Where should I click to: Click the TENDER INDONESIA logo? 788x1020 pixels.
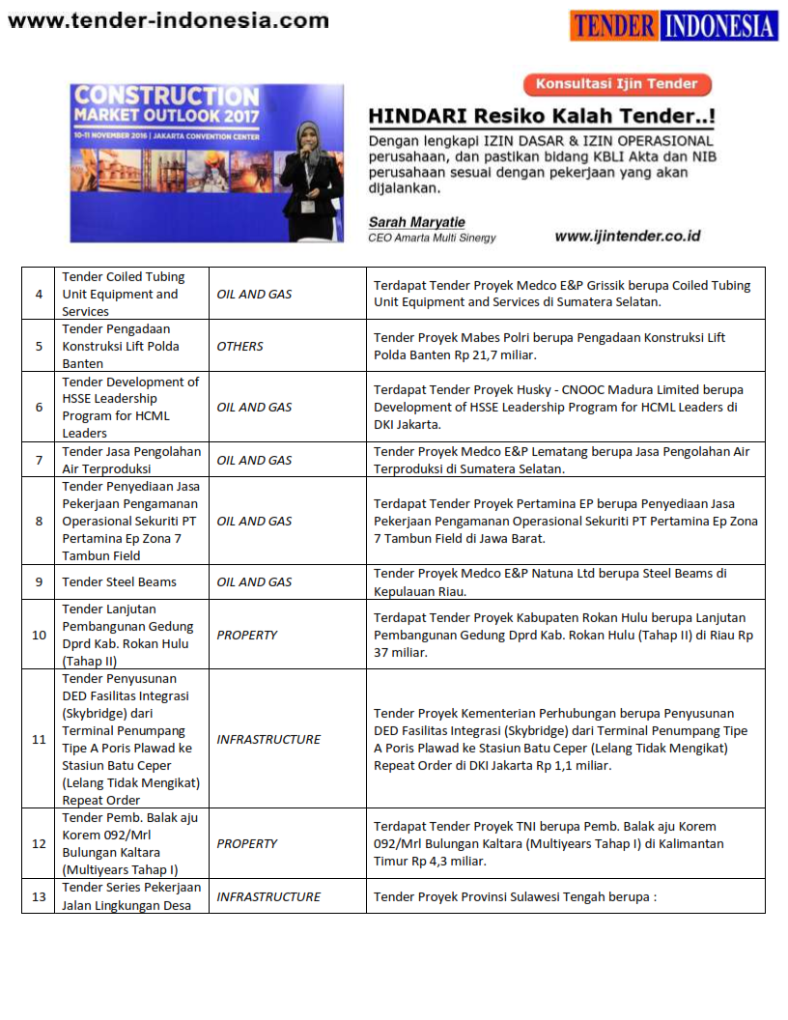click(673, 25)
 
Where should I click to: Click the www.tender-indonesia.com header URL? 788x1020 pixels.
click(167, 20)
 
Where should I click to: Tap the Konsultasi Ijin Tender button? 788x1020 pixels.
click(617, 84)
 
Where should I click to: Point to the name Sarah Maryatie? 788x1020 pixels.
click(416, 222)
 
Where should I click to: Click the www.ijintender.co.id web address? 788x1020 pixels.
click(628, 236)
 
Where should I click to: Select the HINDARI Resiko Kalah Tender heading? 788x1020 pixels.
click(542, 117)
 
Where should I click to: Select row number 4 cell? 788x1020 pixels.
click(39, 294)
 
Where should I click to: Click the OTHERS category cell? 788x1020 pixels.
click(240, 346)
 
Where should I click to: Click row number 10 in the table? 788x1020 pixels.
click(39, 635)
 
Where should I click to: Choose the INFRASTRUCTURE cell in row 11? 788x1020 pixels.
click(268, 739)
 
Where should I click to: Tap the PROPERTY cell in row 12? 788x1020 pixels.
click(247, 843)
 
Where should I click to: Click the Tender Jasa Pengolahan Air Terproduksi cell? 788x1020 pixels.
click(131, 460)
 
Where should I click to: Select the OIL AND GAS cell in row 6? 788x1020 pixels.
click(254, 407)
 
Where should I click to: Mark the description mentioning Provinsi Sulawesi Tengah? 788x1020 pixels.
click(515, 896)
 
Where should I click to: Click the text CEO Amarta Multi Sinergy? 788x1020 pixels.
click(433, 237)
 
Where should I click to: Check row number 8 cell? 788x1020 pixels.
click(39, 521)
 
